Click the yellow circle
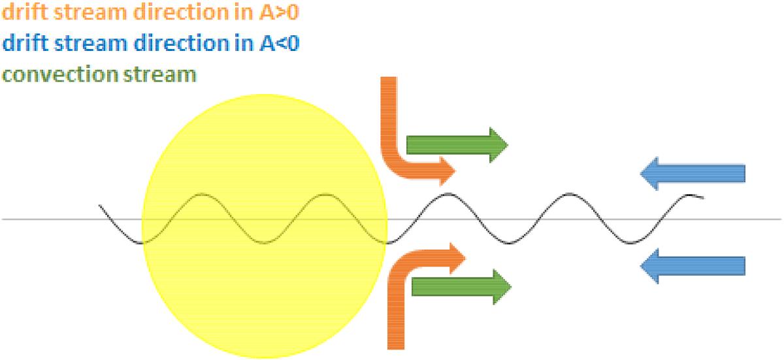coord(265,226)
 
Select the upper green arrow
coord(457,145)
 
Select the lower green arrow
coord(462,287)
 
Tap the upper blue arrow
coord(693,174)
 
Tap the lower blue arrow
coord(693,266)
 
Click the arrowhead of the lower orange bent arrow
coord(457,259)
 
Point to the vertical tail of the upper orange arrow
coord(389,116)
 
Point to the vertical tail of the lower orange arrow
coord(396,315)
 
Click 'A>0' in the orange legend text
coord(278,12)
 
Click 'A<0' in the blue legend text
coord(279,43)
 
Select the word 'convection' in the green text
coord(60,75)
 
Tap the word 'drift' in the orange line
coord(25,12)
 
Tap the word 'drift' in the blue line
coord(25,43)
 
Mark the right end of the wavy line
coord(703,198)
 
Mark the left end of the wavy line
coord(99,205)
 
